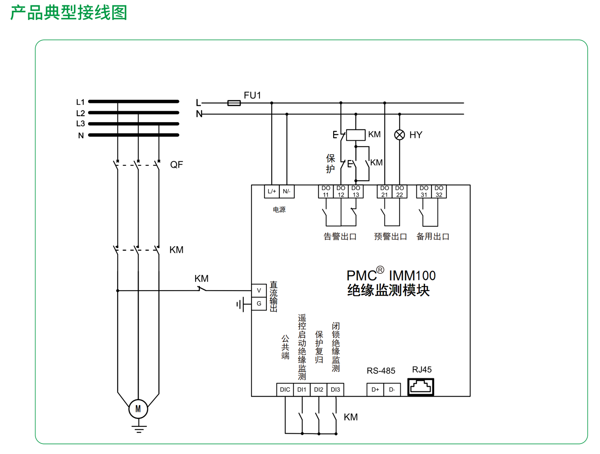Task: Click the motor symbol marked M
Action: [x=138, y=409]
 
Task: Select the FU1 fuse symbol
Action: [x=234, y=103]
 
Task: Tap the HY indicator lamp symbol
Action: [x=399, y=135]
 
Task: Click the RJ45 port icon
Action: [x=420, y=387]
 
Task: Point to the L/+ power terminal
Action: [x=272, y=191]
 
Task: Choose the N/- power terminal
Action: [x=287, y=191]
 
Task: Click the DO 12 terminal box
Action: [x=340, y=191]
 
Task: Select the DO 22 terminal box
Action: [x=399, y=191]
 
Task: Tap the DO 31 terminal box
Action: [x=424, y=191]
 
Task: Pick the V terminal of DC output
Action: [x=259, y=290]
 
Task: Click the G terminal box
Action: [x=259, y=304]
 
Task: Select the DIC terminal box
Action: [x=285, y=389]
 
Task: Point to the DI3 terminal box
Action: [x=336, y=389]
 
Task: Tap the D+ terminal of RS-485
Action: [x=375, y=389]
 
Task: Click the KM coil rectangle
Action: [x=356, y=135]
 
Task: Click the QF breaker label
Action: [x=176, y=165]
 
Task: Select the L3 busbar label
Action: [x=80, y=124]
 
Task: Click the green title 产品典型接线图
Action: [x=69, y=13]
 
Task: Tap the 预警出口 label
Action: [x=390, y=237]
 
